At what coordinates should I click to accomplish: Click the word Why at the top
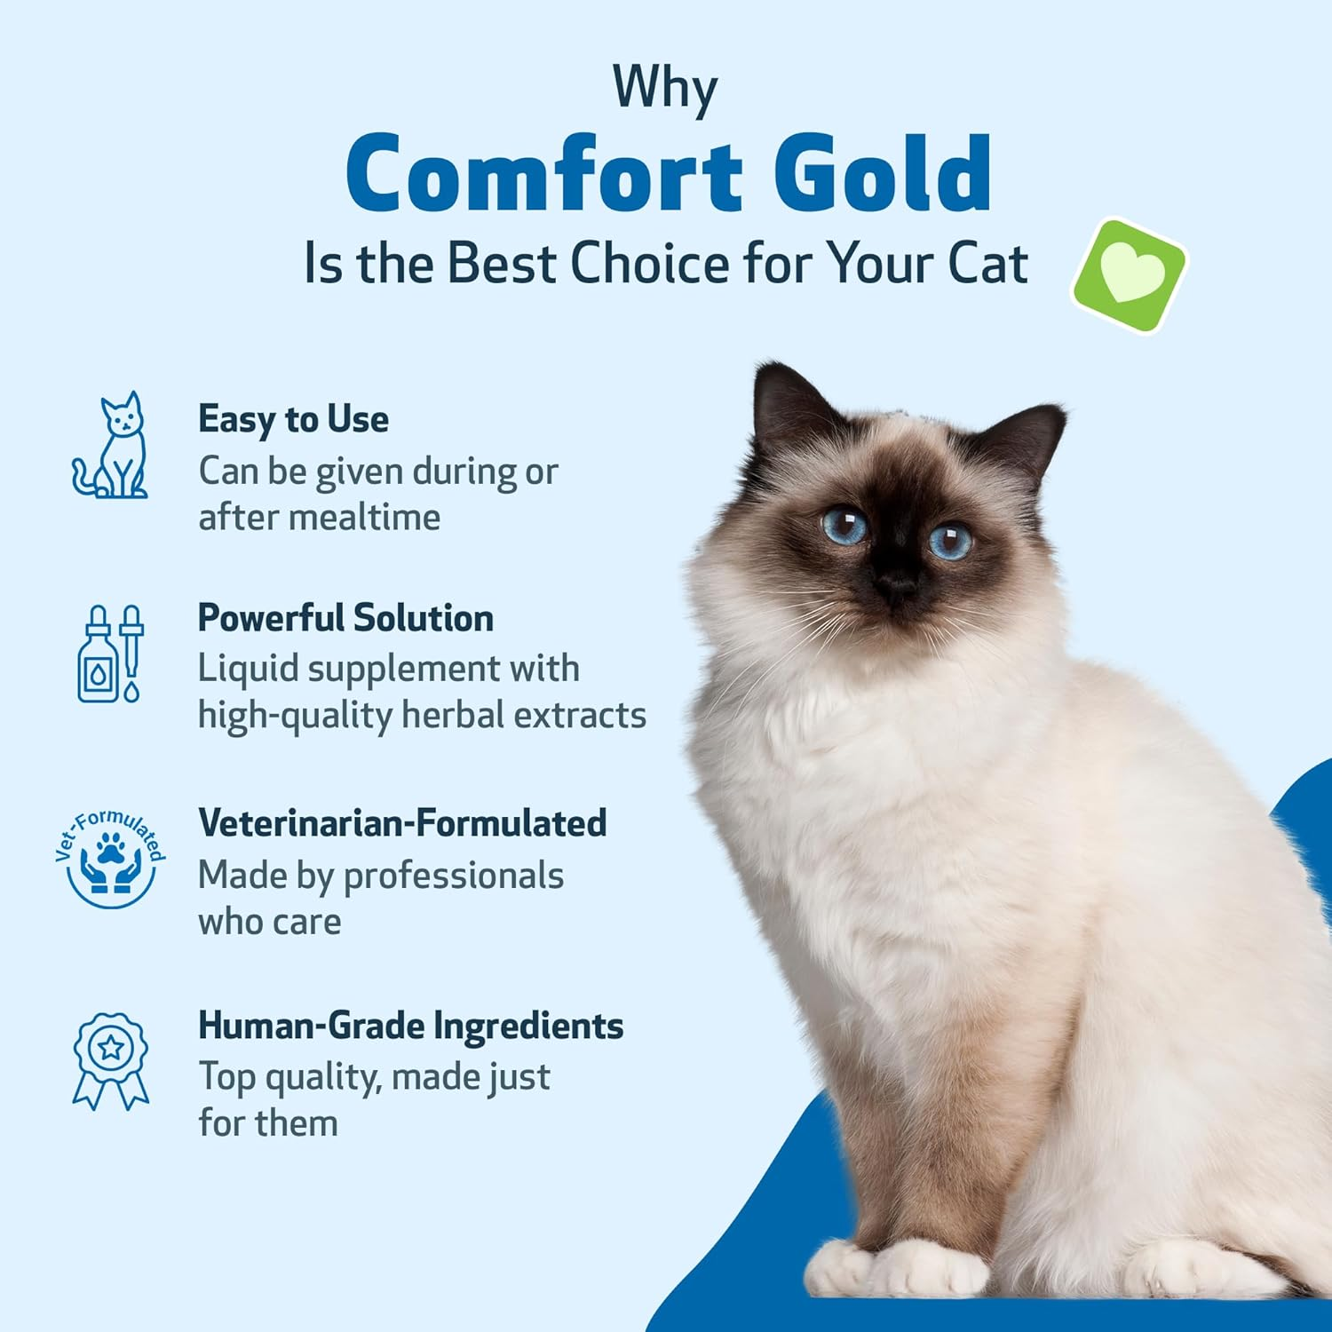click(x=665, y=88)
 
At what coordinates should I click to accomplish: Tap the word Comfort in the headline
click(x=543, y=173)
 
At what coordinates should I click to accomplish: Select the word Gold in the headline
click(x=882, y=173)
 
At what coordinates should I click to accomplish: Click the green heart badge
click(x=1130, y=275)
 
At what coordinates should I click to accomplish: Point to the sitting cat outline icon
click(x=111, y=446)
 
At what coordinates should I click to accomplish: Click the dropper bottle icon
click(x=110, y=654)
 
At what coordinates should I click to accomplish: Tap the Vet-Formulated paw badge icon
click(x=110, y=860)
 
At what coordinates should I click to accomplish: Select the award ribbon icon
click(x=110, y=1060)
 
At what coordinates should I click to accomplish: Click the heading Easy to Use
click(x=293, y=419)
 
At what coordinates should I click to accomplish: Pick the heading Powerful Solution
click(x=345, y=618)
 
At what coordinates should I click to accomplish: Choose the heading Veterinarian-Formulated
click(x=402, y=823)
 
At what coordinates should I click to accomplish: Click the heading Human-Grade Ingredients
click(x=410, y=1026)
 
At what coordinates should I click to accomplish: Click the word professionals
click(x=453, y=876)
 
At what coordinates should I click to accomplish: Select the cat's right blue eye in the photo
click(x=950, y=540)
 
